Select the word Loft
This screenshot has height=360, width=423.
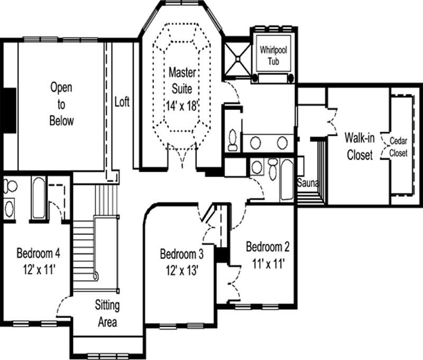[122, 101]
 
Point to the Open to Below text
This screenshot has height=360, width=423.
[61, 104]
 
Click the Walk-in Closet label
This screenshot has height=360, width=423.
[360, 146]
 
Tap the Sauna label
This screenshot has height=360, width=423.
[307, 183]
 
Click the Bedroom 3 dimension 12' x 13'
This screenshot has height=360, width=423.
[182, 272]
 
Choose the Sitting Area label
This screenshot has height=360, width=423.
[107, 313]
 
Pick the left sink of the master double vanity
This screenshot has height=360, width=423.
[256, 142]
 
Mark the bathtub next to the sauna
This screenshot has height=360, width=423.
[287, 180]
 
